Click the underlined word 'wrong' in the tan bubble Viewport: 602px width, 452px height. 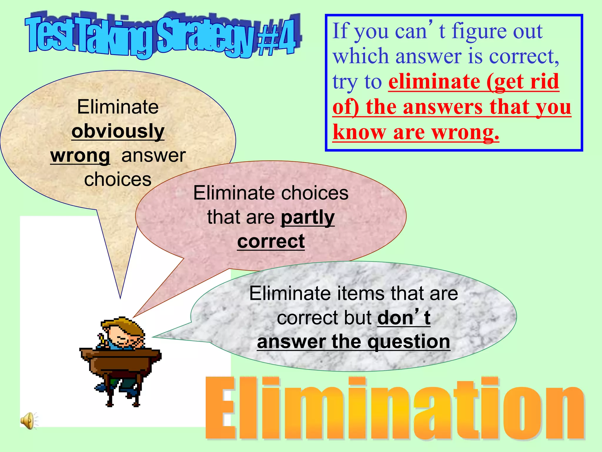[80, 155]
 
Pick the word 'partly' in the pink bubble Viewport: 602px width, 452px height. [307, 217]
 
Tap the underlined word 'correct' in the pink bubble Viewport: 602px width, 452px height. [271, 242]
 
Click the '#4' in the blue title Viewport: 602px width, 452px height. [278, 38]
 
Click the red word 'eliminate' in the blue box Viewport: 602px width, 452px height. [434, 82]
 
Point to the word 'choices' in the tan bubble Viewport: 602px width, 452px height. [118, 180]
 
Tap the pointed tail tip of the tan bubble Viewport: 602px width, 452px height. [120, 297]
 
